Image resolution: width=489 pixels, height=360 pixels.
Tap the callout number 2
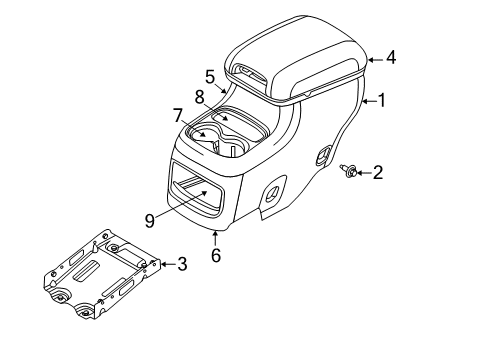coord(379,173)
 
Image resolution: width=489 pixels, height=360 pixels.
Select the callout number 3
coord(182,265)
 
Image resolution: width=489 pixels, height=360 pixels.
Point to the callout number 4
coord(391,57)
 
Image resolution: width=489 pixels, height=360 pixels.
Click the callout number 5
coord(210,75)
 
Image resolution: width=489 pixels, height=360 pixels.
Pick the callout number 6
coord(216,256)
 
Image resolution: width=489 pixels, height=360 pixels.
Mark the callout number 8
coord(200,97)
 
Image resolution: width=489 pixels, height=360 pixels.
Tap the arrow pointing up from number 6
coord(216,237)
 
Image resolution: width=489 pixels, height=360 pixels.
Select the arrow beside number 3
coord(167,264)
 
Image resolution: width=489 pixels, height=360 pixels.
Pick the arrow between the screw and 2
coord(364,173)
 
